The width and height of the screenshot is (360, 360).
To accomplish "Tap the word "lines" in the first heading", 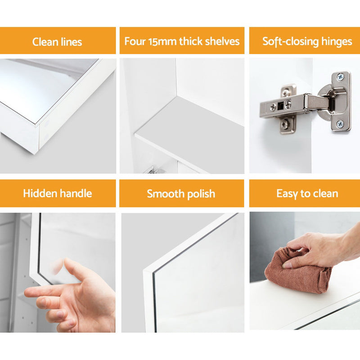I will point(71,42).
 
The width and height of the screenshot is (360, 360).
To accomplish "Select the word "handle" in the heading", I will point(76,193).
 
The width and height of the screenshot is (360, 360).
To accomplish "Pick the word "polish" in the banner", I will point(199,194).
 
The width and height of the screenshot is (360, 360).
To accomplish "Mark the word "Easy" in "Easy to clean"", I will point(287,194).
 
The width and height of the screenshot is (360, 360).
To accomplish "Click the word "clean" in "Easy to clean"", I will point(324,194).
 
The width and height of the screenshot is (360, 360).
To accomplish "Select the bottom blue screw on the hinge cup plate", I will point(341,122).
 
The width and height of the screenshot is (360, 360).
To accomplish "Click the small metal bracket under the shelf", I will point(150,170).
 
